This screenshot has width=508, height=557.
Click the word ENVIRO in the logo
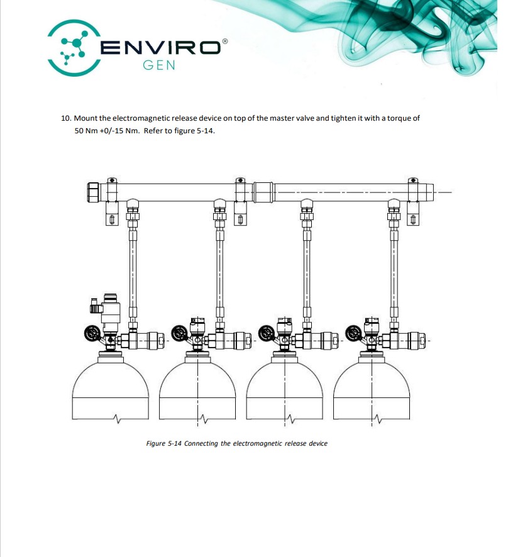tap(160, 47)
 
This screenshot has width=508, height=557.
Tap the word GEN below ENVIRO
tap(159, 65)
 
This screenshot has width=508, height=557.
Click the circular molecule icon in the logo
tap(74, 48)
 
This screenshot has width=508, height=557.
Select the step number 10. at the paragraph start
tap(66, 118)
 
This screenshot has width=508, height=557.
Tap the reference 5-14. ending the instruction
tap(206, 131)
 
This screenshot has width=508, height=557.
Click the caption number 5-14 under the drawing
tap(174, 443)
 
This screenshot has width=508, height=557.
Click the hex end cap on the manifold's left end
tap(92, 192)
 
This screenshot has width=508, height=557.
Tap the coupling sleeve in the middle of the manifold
tap(263, 192)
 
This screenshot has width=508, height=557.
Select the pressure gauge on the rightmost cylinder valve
tap(354, 334)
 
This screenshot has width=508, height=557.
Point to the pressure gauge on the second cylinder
tap(180, 334)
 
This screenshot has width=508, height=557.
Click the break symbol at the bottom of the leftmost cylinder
tap(117, 419)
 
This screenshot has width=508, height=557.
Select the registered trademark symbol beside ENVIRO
tap(224, 41)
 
